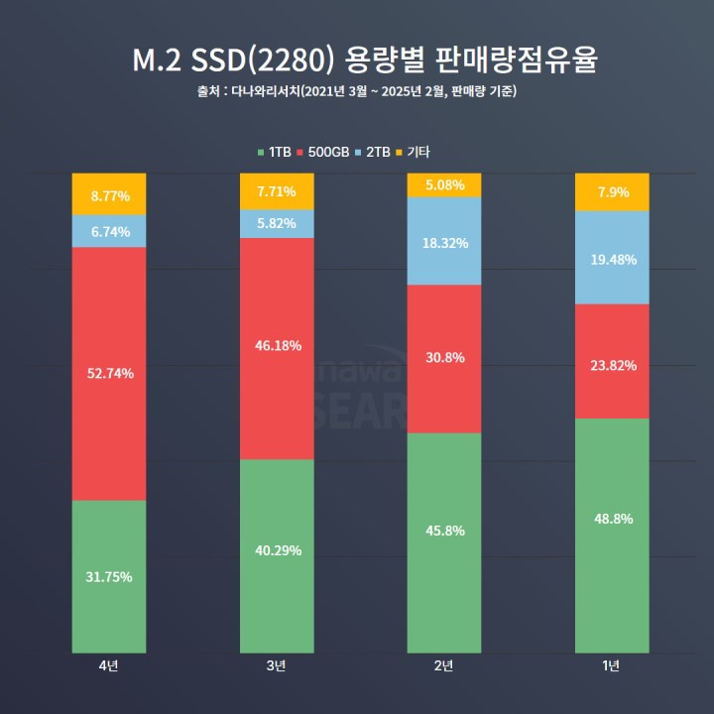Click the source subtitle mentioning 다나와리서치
[x=357, y=92]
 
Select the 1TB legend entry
[x=274, y=152]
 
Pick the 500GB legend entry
[x=327, y=152]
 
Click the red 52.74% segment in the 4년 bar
[x=109, y=373]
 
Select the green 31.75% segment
[x=109, y=576]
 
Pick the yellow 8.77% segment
[x=109, y=195]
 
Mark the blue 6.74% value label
[x=109, y=231]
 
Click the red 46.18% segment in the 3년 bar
[x=277, y=346]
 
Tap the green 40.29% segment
[x=277, y=550]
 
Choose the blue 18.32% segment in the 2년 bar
[x=444, y=242]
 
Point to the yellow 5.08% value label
[x=444, y=185]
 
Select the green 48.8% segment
[x=612, y=519]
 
